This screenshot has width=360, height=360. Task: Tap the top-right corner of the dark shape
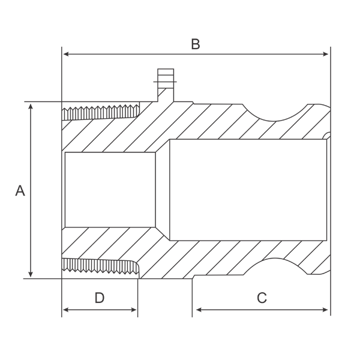(331, 46)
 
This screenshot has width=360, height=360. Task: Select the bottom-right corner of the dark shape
(331, 316)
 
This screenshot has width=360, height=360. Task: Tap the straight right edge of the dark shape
(331, 180)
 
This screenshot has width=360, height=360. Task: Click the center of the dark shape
(174, 178)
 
